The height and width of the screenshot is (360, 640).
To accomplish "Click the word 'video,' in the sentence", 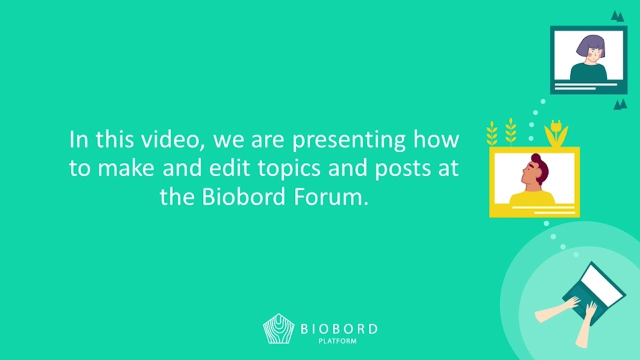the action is (x=173, y=139).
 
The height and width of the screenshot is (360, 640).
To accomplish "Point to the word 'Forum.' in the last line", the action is (x=331, y=197).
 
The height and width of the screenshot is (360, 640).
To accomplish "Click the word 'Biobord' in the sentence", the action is (x=243, y=196).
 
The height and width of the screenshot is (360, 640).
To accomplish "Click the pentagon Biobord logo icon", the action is (x=278, y=328).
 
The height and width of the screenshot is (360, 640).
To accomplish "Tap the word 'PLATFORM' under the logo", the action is (x=337, y=341).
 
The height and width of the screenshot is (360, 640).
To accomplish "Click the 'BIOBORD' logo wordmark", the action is (x=339, y=329).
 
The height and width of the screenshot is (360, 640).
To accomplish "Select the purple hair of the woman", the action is (x=590, y=45).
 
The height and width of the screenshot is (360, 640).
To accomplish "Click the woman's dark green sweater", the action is (x=588, y=72).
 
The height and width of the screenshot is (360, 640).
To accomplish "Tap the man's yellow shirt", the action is (x=532, y=197).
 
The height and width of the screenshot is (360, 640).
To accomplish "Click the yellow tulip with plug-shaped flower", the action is (x=556, y=133).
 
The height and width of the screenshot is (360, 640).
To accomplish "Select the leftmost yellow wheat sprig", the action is (x=491, y=133).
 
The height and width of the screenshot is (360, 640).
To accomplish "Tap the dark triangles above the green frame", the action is (x=617, y=16).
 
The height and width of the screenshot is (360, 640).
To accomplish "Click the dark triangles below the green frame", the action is (x=620, y=104).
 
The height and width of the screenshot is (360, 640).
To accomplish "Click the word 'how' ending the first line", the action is (x=436, y=139).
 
